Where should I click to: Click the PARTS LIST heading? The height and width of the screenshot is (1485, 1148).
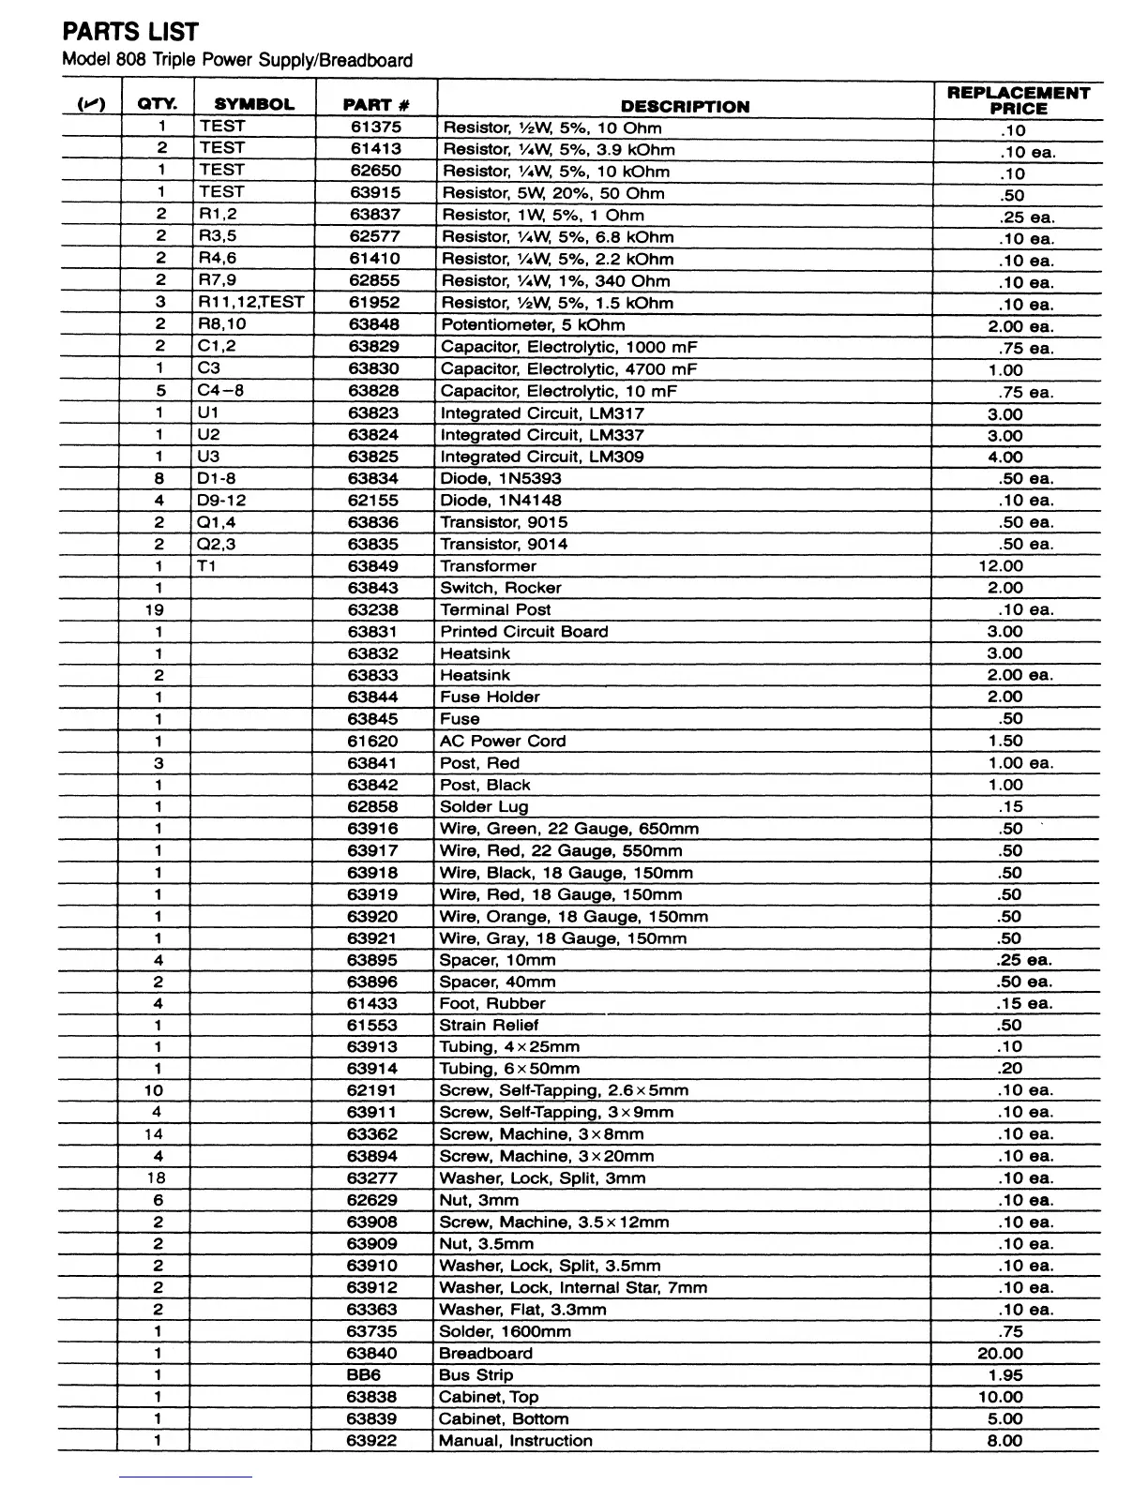click(x=130, y=32)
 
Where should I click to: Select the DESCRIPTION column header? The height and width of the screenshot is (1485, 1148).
click(x=685, y=106)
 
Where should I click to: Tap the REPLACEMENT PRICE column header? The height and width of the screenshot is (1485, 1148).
click(x=1018, y=100)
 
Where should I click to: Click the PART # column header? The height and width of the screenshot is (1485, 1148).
click(x=376, y=105)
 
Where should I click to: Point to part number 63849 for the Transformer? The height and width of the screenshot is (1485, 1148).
click(x=373, y=566)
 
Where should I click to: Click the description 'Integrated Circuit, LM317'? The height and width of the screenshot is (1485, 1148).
click(x=542, y=413)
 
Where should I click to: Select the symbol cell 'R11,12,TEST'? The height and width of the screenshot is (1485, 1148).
click(x=251, y=302)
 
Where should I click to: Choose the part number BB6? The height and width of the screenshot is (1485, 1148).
click(x=364, y=1375)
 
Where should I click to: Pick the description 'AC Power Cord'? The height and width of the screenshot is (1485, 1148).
click(x=503, y=741)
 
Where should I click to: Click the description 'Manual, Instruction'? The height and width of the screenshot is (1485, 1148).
click(x=516, y=1441)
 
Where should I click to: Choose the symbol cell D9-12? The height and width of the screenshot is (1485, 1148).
click(x=221, y=501)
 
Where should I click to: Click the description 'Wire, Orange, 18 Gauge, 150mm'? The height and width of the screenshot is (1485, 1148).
click(x=574, y=916)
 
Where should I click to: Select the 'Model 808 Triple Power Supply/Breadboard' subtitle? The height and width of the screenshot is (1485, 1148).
click(x=236, y=61)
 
